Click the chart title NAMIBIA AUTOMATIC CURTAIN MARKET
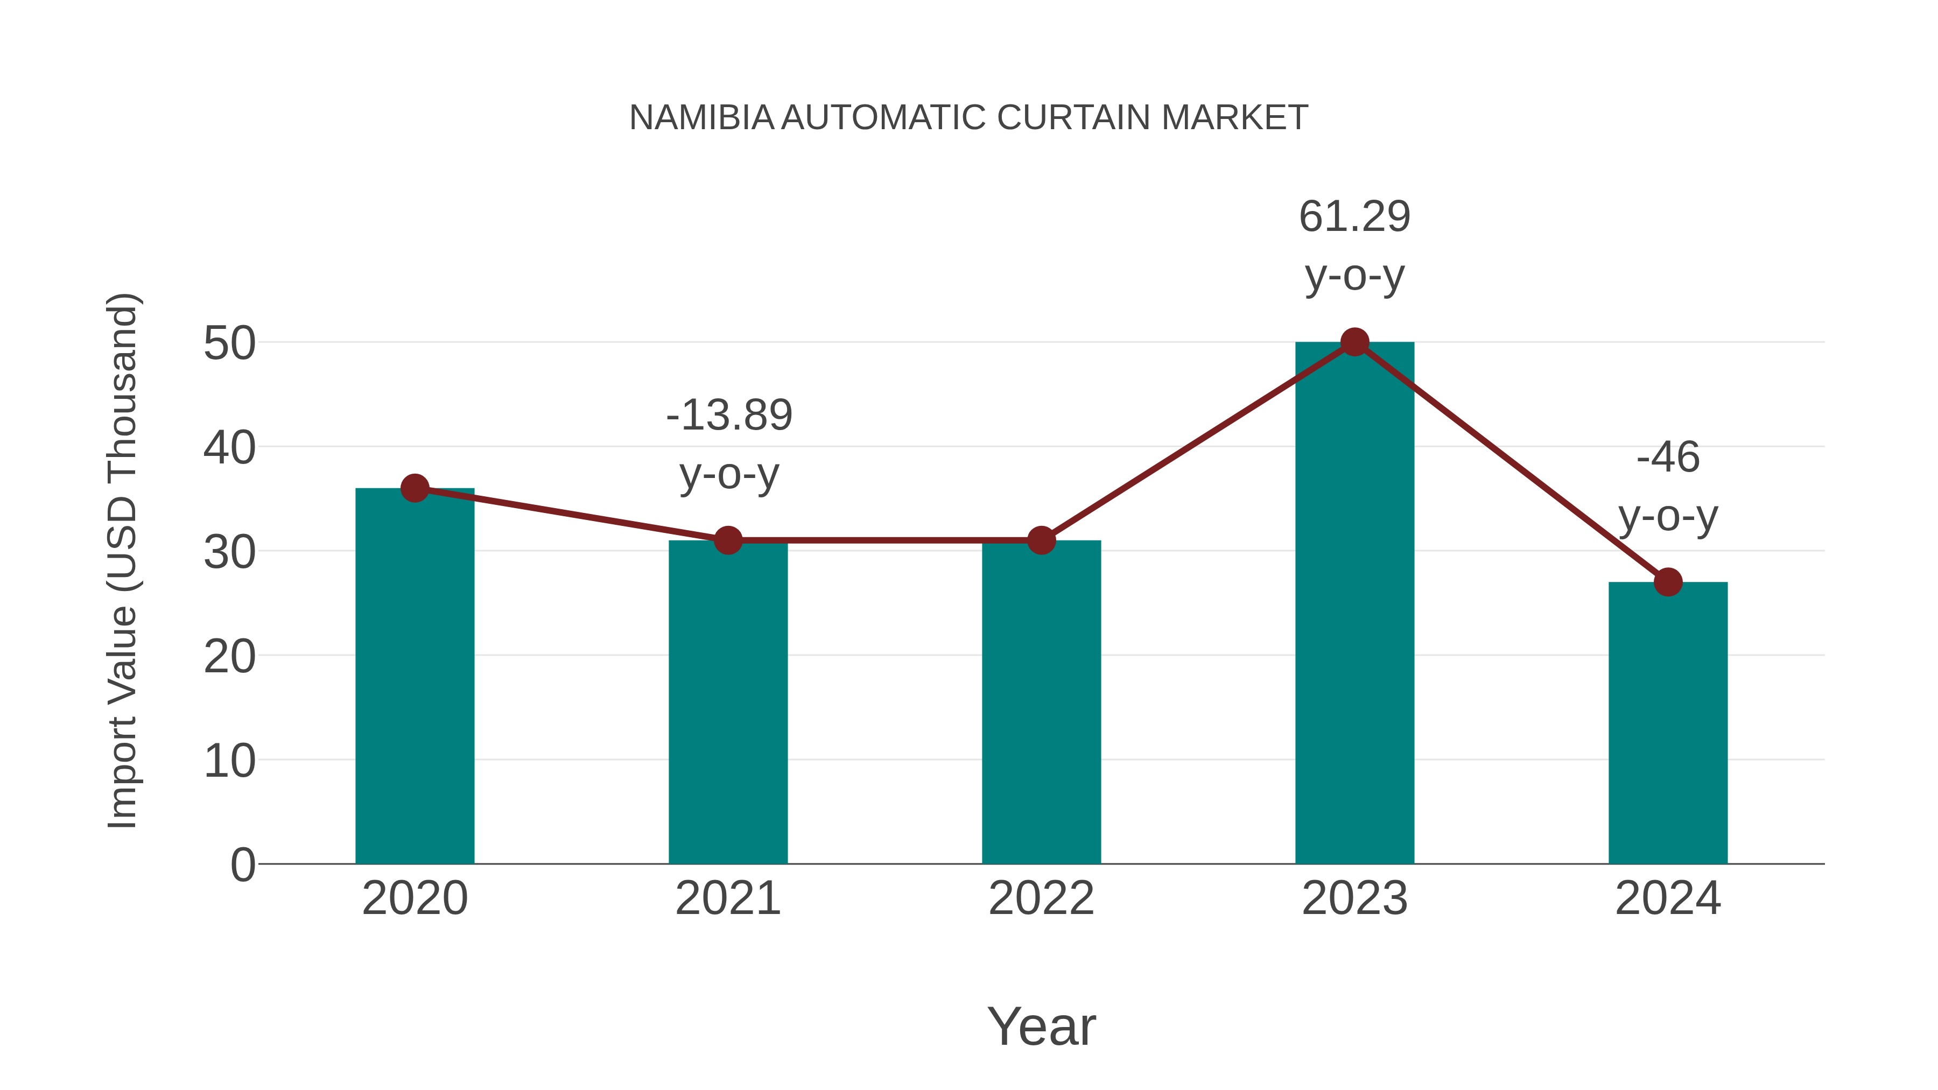click(x=968, y=118)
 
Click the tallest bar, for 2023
click(x=1354, y=602)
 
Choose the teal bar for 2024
click(x=1668, y=722)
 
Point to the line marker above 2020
click(x=415, y=488)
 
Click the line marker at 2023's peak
click(x=1354, y=342)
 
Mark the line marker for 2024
click(x=1668, y=581)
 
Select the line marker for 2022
click(x=1041, y=540)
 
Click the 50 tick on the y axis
click(x=229, y=344)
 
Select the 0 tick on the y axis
click(x=242, y=865)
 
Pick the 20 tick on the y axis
click(x=229, y=657)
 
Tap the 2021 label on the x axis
click(x=727, y=898)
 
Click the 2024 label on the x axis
click(x=1668, y=898)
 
